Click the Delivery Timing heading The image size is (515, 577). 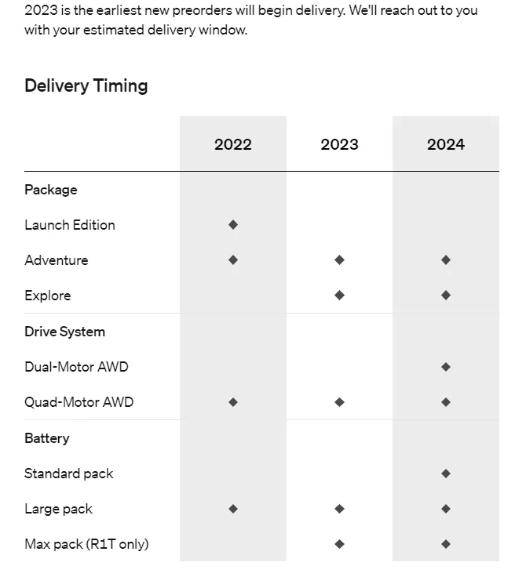coord(86,85)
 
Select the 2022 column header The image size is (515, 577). coord(233,144)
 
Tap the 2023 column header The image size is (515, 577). coord(339,144)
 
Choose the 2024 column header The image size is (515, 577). coord(446,144)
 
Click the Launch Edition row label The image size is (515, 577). coord(70,225)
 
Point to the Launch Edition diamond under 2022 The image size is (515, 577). coord(233,225)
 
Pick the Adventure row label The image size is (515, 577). coord(57,260)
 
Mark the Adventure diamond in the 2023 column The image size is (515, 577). coord(339,260)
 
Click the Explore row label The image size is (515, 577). coord(48,296)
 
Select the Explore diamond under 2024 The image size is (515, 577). coord(446,296)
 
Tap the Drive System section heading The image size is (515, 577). coord(64,332)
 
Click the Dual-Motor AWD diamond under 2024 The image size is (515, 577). coord(446,367)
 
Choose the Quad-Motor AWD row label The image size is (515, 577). coord(79,402)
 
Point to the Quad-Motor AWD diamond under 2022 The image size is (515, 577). coord(233,402)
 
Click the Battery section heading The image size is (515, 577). coord(47,438)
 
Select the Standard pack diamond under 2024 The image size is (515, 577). coord(446,474)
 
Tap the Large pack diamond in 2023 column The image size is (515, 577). coord(339,509)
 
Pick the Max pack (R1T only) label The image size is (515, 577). coord(86,544)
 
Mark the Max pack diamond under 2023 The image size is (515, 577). coord(339,544)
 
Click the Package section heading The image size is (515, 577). coord(51,190)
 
